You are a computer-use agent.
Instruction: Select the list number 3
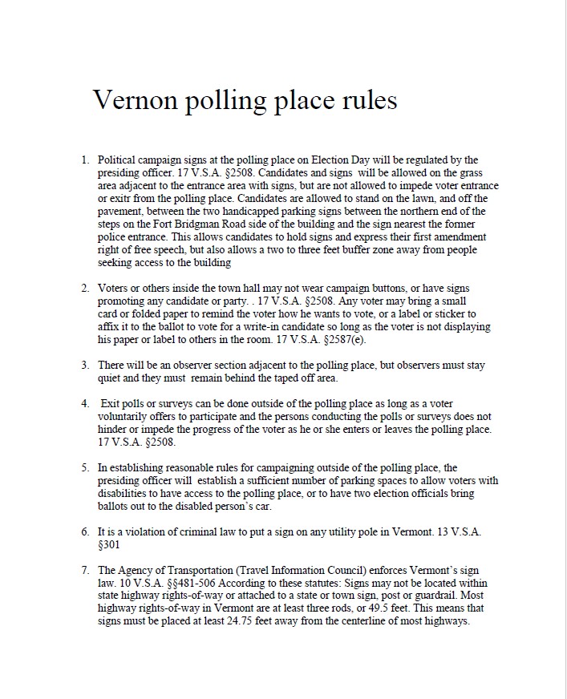click(x=84, y=366)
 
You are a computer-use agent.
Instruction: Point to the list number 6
click(x=84, y=531)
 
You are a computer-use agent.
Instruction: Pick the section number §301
click(x=108, y=544)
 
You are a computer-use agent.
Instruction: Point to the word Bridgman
click(x=192, y=224)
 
